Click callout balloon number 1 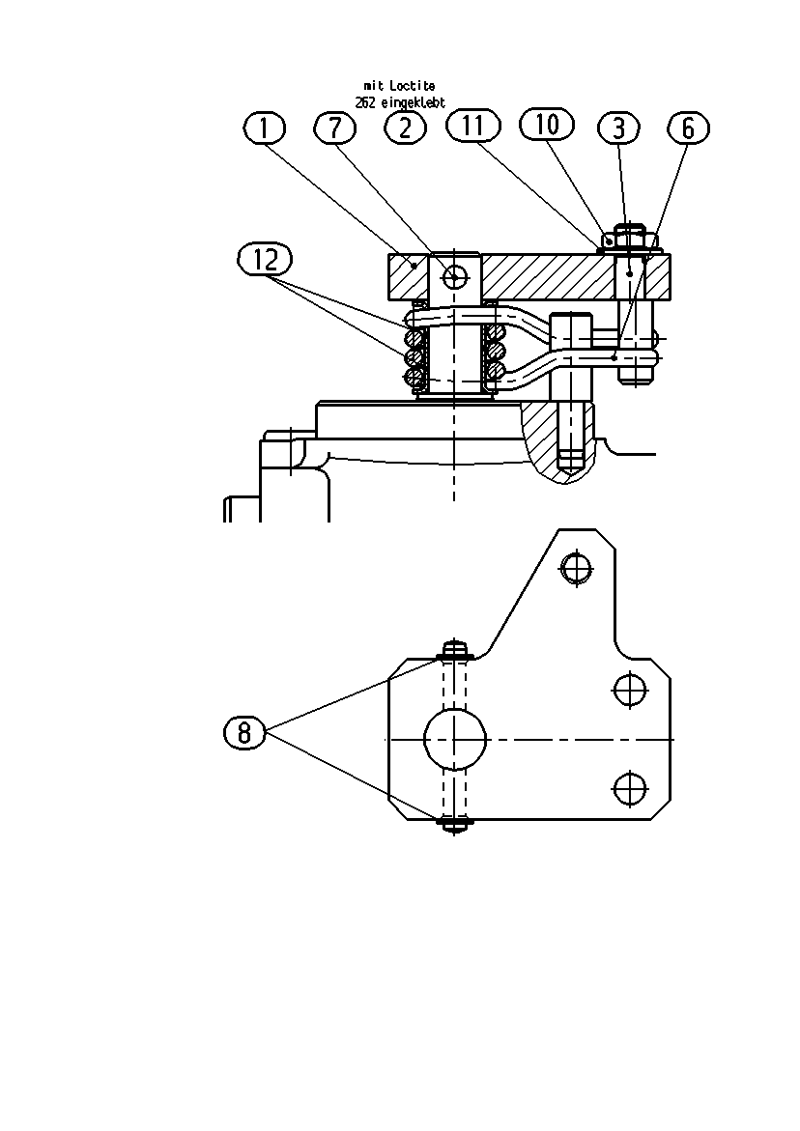(x=264, y=128)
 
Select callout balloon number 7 (x=334, y=128)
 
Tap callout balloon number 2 (x=406, y=128)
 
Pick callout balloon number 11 (x=473, y=126)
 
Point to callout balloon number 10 (x=547, y=124)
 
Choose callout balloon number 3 (x=619, y=128)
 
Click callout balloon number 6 (x=688, y=128)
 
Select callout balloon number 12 (x=265, y=260)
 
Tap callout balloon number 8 (x=244, y=733)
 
